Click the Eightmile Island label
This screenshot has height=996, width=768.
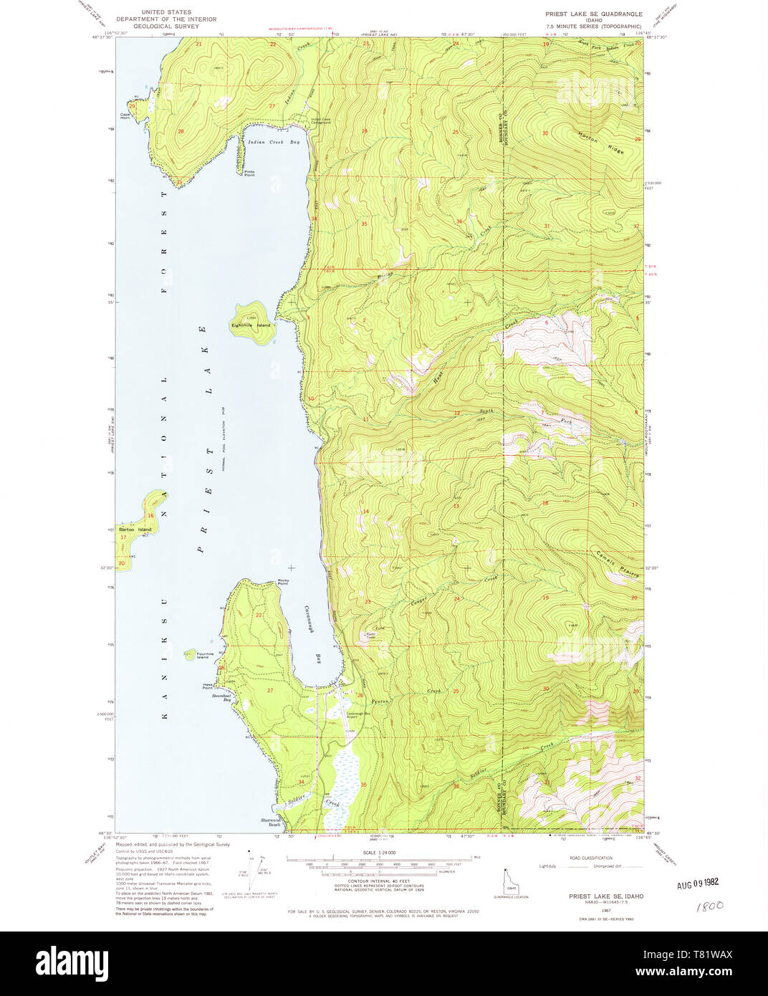click(251, 325)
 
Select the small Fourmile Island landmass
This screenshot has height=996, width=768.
click(190, 653)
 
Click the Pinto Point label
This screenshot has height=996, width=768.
click(249, 173)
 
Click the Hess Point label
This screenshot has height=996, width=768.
click(208, 686)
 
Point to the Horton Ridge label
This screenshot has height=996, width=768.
click(601, 142)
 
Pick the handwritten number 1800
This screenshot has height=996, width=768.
click(709, 906)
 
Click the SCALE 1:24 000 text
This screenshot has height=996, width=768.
click(379, 853)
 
